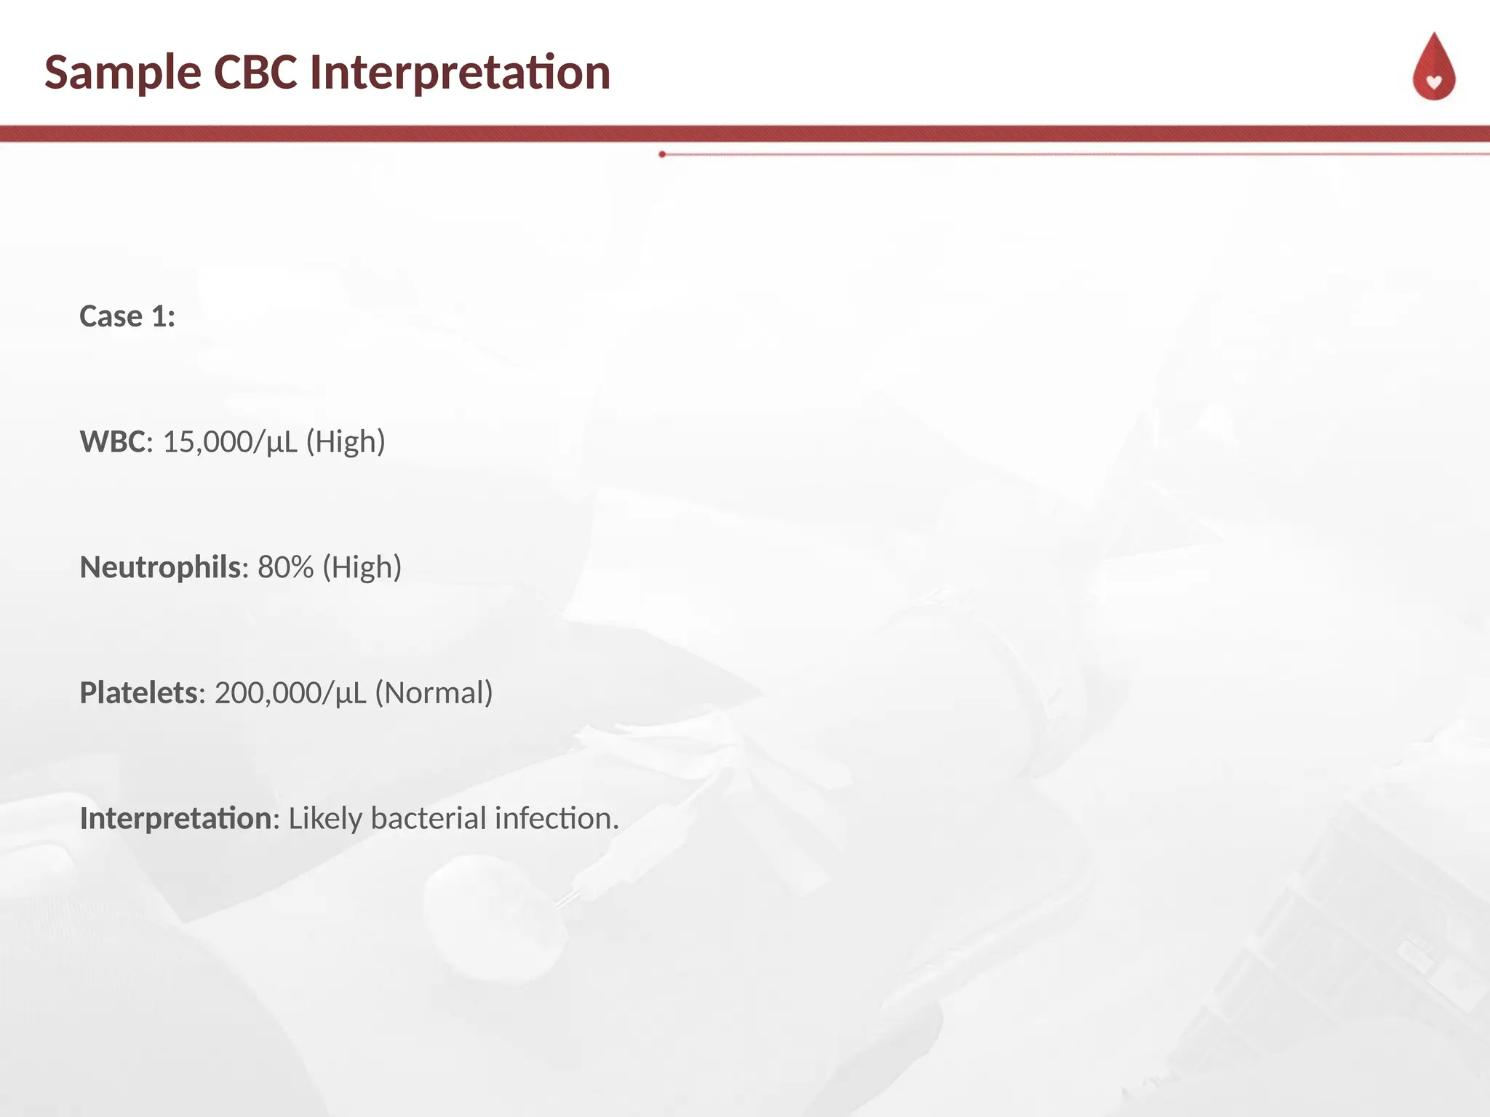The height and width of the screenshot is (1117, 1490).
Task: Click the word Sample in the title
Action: pos(122,73)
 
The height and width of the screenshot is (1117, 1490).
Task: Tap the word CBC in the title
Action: pos(255,73)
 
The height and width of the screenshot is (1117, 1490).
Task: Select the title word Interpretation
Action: pos(460,73)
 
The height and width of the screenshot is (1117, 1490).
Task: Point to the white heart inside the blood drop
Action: pos(1434,82)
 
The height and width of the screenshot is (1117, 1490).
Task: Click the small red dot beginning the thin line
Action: pos(662,154)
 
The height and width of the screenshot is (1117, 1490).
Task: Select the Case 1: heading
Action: pos(127,316)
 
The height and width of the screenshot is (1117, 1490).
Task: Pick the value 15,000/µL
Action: pos(230,442)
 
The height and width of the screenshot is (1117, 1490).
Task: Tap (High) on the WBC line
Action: pos(346,442)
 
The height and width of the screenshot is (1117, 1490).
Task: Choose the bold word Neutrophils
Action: pos(160,567)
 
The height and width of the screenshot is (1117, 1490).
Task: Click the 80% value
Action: pos(286,567)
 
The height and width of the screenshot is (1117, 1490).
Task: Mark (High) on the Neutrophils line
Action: pos(362,567)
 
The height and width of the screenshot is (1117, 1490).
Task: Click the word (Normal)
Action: pos(434,693)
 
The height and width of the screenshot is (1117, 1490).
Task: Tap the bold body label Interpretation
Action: pos(175,819)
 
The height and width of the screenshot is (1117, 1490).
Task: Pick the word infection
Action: pos(557,819)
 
